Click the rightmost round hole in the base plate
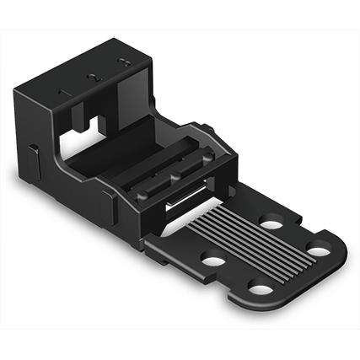(x=317, y=250)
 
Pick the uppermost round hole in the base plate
(x=271, y=224)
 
